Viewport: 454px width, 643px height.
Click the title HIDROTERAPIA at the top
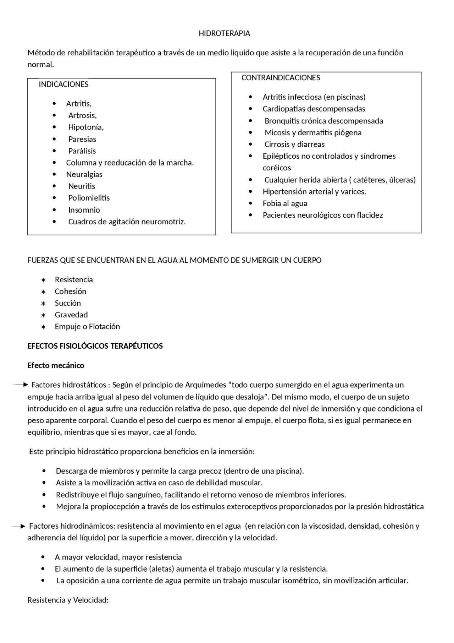pos(224,33)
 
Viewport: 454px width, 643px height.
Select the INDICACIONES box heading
pos(63,84)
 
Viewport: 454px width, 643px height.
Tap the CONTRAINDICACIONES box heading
pos(281,78)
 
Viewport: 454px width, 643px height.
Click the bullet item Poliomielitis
pos(89,198)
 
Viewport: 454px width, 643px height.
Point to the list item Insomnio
pos(84,210)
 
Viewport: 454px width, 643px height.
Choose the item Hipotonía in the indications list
pos(86,127)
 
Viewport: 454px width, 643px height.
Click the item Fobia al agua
pos(285,203)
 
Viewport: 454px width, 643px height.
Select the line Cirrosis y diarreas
pos(294,144)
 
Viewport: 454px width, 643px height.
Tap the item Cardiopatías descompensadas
pos(314,109)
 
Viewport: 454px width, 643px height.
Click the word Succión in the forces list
pos(68,303)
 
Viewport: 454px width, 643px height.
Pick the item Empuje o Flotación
pos(87,327)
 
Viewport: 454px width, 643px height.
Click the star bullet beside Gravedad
pos(43,315)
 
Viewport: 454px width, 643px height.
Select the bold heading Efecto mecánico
pos(56,365)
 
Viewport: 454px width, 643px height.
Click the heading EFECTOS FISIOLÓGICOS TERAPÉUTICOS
pos(95,346)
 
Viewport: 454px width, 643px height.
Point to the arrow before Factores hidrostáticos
pos(21,385)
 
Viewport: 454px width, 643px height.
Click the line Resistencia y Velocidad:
pos(68,600)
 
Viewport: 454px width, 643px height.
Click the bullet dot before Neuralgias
pos(54,174)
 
